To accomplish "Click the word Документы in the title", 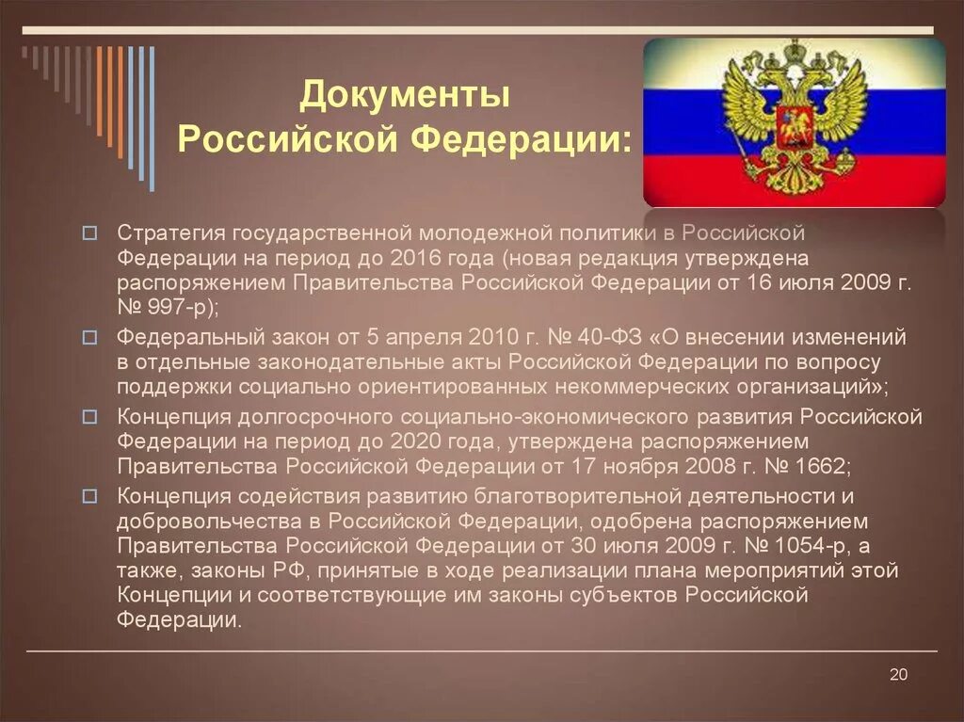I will click(x=405, y=95).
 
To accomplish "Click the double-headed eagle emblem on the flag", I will click(x=793, y=117).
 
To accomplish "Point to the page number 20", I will click(x=897, y=674).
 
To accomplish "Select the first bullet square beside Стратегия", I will click(x=89, y=232).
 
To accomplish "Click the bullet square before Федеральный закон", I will click(x=89, y=336).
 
